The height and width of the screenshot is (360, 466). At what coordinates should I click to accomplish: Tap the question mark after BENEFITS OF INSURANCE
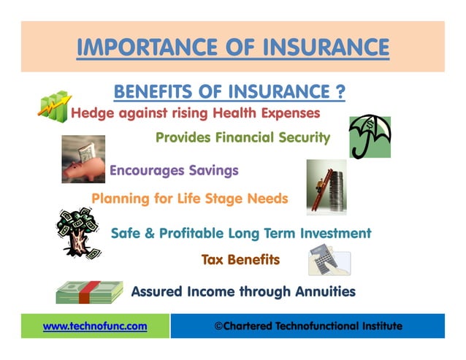[x=340, y=92]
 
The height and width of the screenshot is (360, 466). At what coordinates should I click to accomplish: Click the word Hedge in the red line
[x=89, y=114]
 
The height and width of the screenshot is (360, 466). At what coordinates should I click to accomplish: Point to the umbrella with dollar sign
[x=370, y=136]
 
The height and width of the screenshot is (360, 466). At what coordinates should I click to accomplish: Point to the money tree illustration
[x=78, y=232]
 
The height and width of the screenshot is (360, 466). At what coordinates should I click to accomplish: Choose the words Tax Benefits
[x=240, y=259]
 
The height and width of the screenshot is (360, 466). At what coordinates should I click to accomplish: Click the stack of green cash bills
[x=89, y=292]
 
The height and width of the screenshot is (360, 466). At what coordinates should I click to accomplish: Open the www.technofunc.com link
[x=95, y=326]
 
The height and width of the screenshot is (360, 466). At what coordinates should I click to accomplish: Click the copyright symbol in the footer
[x=218, y=326]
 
